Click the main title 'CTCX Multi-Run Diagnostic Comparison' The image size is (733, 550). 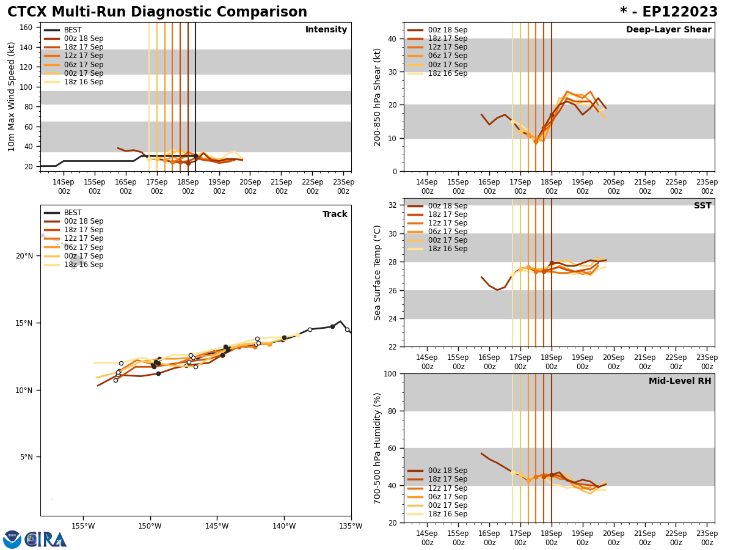(x=157, y=12)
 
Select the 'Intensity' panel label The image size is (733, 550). (x=326, y=30)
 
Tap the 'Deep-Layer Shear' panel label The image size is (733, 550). (x=668, y=30)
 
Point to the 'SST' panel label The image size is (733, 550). (x=702, y=206)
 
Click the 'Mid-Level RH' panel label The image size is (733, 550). (x=680, y=381)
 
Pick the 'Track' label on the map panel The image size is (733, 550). (x=335, y=215)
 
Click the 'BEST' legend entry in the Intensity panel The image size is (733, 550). (x=73, y=30)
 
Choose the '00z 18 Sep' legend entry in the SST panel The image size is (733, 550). (x=447, y=206)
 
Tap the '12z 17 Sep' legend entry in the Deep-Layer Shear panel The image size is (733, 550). (x=447, y=47)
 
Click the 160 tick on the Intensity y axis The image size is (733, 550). (x=26, y=27)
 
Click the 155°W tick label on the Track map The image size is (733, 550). (x=83, y=526)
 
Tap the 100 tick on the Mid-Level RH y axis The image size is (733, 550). (x=389, y=373)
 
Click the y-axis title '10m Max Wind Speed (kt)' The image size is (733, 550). (x=12, y=97)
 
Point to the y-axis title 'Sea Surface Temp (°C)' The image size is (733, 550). (x=377, y=273)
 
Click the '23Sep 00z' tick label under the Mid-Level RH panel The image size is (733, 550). (x=707, y=538)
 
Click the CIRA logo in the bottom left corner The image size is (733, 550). (x=35, y=539)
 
